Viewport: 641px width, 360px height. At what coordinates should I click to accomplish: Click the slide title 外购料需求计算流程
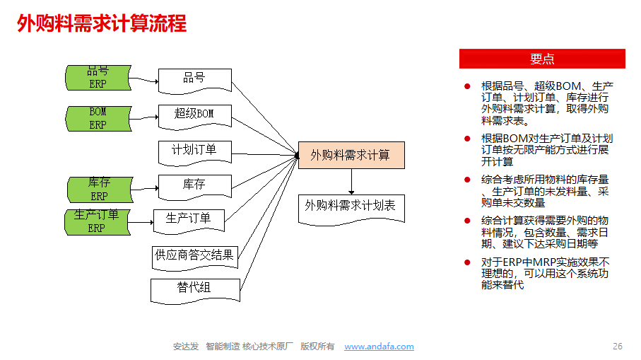[102, 24]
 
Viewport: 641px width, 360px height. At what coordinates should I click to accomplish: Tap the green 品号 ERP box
[98, 78]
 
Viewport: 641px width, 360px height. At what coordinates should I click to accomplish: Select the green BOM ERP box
[98, 119]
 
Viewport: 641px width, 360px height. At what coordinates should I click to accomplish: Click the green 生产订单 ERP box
[97, 222]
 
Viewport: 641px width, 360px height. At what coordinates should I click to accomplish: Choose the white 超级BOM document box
[194, 115]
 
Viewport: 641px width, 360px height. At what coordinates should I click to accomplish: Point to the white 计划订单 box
[194, 150]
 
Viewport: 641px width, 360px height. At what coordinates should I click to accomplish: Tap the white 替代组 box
[194, 289]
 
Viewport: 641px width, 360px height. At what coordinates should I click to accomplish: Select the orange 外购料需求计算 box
[351, 155]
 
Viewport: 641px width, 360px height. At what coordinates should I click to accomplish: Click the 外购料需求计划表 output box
[351, 207]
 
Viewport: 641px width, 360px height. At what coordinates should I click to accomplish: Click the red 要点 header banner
[542, 59]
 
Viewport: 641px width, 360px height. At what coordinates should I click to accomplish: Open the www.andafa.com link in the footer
[379, 347]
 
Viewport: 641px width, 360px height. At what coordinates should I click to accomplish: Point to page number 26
[617, 347]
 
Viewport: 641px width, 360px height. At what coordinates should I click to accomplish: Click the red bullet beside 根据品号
[467, 86]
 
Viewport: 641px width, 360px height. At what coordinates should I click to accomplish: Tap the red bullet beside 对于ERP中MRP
[467, 262]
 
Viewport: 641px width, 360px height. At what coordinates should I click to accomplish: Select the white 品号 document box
[194, 79]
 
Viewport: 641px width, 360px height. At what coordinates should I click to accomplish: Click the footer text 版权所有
[317, 347]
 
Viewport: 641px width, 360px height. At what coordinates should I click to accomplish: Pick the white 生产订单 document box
[189, 219]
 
